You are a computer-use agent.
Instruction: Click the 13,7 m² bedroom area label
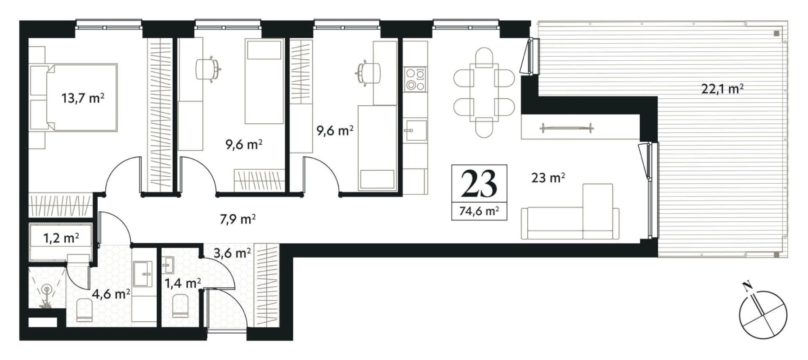[83, 98]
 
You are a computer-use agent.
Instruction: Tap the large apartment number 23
[479, 184]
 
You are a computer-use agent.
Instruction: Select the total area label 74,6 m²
[479, 211]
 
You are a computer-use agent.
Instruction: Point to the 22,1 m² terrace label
[722, 89]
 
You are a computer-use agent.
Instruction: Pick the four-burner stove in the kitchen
[415, 79]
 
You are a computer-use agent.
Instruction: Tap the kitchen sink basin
[415, 130]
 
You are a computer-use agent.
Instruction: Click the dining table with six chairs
[484, 93]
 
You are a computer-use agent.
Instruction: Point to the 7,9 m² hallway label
[238, 220]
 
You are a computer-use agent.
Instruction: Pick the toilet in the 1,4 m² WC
[180, 306]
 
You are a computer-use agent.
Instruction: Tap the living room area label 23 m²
[548, 178]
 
